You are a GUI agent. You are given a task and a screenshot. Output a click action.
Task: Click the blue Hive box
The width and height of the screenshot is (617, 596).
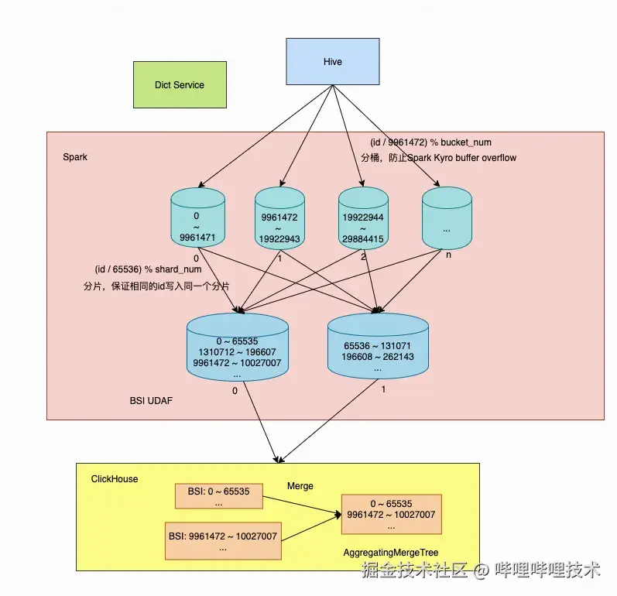[333, 61]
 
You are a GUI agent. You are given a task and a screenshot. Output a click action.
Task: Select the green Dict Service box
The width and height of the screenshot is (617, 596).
[180, 85]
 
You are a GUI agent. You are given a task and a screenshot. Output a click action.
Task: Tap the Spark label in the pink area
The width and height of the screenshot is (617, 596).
[75, 157]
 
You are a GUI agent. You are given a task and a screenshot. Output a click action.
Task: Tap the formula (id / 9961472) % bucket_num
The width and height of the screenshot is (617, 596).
[431, 142]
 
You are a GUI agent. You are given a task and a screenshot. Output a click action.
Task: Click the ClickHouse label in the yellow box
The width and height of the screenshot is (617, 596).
[115, 479]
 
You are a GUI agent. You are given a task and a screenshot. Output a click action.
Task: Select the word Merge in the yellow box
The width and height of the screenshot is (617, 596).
[300, 486]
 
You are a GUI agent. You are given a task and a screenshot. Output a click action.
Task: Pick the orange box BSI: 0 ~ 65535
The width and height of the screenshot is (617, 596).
[219, 496]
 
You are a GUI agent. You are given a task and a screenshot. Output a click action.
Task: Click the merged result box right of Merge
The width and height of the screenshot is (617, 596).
[391, 514]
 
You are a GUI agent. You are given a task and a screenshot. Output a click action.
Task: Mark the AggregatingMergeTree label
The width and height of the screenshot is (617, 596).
[391, 553]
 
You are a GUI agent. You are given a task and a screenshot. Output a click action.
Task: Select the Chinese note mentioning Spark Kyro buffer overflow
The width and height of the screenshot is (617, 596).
[438, 158]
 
